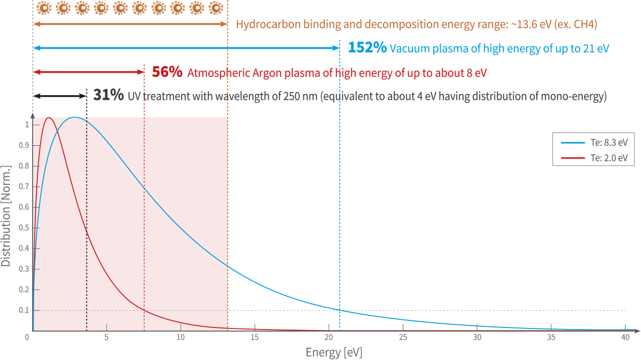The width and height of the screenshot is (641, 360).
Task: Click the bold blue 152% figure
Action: click(x=367, y=48)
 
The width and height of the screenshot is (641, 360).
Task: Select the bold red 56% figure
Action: click(x=167, y=72)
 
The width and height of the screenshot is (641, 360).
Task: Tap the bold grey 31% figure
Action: click(x=108, y=96)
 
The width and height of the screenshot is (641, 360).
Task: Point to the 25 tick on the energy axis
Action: click(x=403, y=338)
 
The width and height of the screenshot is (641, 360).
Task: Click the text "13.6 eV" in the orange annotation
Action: click(x=523, y=25)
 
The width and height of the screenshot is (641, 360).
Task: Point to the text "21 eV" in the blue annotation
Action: click(x=596, y=49)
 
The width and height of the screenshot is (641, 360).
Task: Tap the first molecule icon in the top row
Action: click(x=44, y=8)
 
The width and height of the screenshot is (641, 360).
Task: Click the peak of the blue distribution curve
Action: click(x=75, y=117)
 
